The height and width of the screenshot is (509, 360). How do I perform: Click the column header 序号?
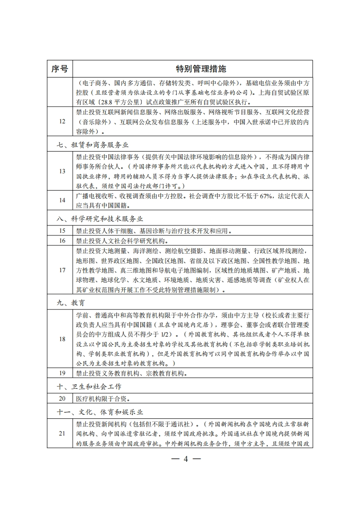[x=59, y=69]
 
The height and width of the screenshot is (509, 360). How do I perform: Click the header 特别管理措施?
[x=201, y=69]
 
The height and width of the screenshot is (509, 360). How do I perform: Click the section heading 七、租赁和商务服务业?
[x=89, y=145]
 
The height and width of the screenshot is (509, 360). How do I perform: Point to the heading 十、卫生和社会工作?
[x=86, y=387]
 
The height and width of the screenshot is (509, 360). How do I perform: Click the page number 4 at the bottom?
[x=185, y=459]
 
